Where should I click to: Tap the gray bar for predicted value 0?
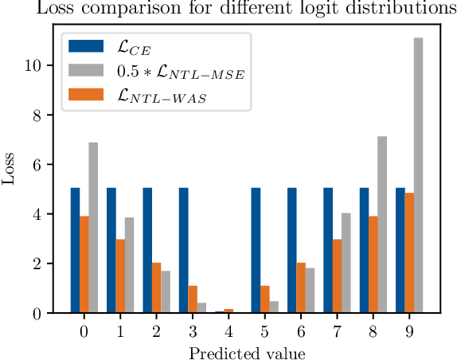(x=93, y=228)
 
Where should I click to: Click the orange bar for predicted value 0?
(x=84, y=264)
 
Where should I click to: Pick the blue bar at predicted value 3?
(x=184, y=250)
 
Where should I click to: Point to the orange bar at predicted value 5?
(x=265, y=299)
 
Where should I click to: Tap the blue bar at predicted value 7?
(x=328, y=250)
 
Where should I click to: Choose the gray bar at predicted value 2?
(x=166, y=292)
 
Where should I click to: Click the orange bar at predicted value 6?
(x=301, y=288)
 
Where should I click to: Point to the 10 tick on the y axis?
(x=44, y=65)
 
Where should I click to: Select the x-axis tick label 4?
(x=228, y=329)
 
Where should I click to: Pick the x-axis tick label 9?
(x=409, y=329)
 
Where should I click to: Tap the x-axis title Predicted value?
(x=246, y=350)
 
